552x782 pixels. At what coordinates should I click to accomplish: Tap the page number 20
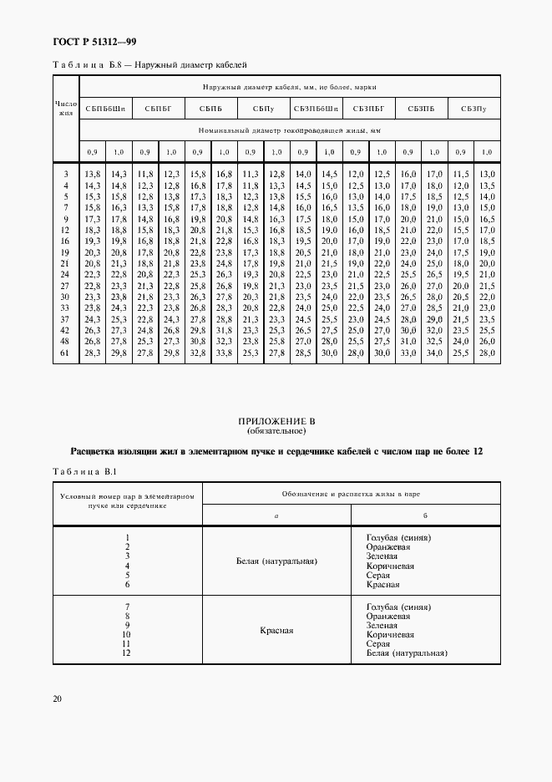tap(57, 698)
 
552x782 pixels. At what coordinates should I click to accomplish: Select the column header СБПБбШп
tap(105, 109)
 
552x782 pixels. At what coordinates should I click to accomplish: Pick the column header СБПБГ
tap(158, 109)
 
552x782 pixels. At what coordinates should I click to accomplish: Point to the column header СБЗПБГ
tap(368, 109)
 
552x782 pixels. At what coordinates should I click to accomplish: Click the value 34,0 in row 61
tap(433, 353)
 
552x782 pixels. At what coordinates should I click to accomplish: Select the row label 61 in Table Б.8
tap(65, 353)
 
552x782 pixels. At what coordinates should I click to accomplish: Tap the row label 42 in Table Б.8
tap(65, 330)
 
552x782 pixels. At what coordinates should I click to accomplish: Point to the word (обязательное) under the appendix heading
tap(276, 432)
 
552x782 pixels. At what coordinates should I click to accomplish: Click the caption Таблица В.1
tap(82, 472)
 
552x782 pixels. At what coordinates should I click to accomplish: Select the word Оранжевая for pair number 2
tap(388, 546)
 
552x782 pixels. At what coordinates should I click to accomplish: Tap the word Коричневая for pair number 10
tap(392, 635)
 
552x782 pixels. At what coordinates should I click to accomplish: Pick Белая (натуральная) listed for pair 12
tap(407, 654)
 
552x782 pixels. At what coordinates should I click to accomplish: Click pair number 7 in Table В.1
tap(128, 607)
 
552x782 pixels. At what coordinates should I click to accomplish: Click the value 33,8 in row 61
tap(224, 353)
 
